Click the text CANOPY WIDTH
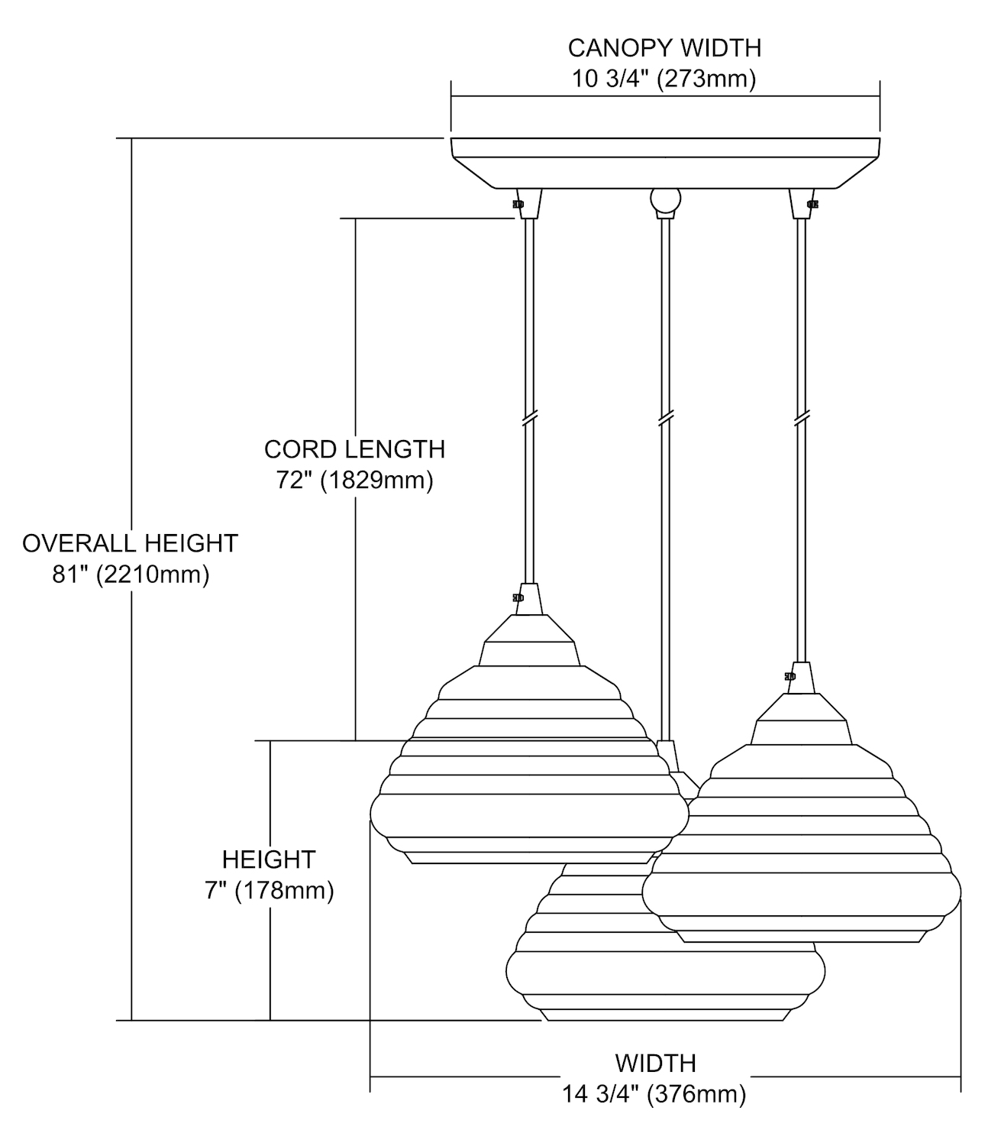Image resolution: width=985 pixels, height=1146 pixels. (x=664, y=48)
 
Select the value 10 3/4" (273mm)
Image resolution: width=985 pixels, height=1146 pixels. (x=664, y=79)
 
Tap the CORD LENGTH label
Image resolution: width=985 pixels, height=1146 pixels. (x=354, y=449)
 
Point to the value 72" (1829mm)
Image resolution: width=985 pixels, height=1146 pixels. (x=354, y=481)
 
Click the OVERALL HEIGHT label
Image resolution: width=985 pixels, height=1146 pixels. (x=130, y=543)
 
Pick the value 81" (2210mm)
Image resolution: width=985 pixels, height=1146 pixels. (x=130, y=575)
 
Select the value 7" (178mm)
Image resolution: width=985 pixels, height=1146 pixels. (x=269, y=891)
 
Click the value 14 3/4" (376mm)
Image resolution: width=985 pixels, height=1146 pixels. (x=654, y=1094)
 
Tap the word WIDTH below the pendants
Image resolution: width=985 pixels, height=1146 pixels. (x=655, y=1063)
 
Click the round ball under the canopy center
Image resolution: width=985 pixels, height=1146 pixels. (x=664, y=200)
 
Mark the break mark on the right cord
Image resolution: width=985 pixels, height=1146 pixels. (x=801, y=419)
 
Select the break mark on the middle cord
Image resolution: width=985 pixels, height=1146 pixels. (x=665, y=419)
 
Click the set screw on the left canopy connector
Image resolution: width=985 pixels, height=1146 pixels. (x=518, y=205)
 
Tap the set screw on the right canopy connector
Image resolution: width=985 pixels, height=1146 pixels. (x=812, y=204)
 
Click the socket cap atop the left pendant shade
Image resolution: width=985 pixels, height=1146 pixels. (x=530, y=600)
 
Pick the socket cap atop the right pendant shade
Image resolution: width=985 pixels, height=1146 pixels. (x=801, y=677)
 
